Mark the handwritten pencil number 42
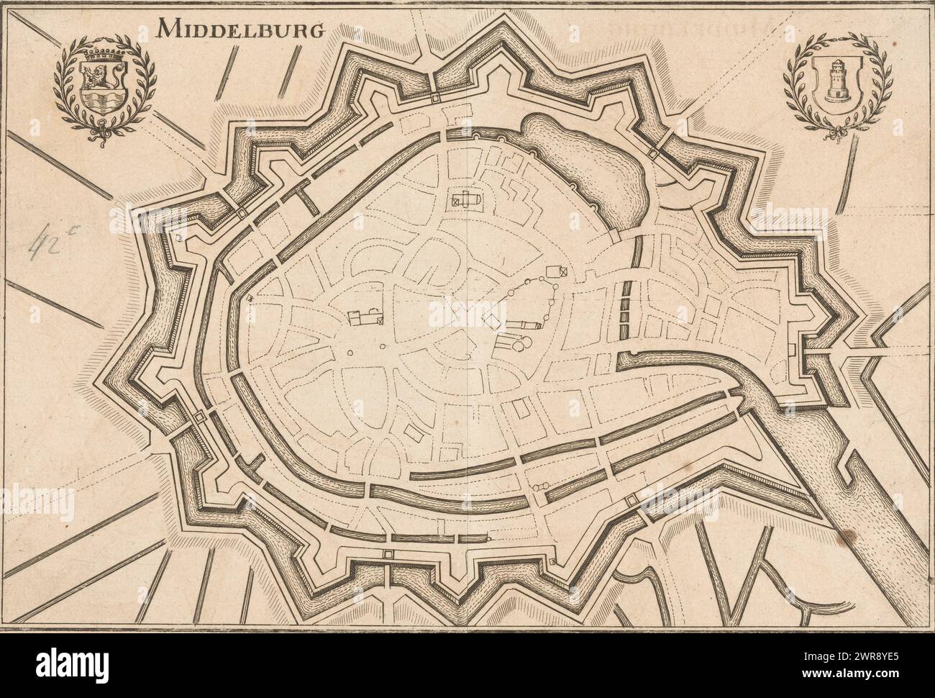coord(50,247)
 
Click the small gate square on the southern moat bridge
coord(389,554)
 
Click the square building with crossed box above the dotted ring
coord(557,271)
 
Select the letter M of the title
coord(170,29)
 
